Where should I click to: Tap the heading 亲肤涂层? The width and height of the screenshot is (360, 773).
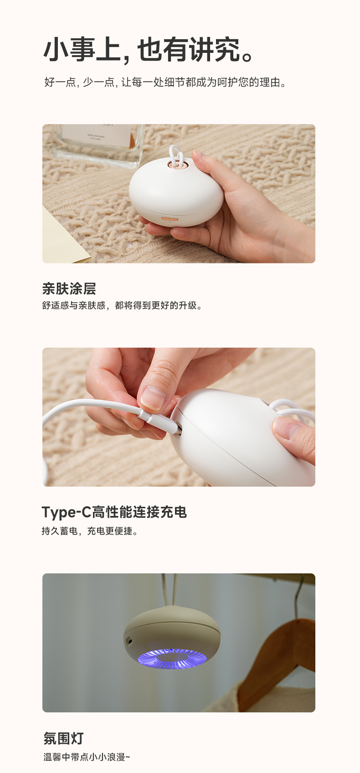click(69, 289)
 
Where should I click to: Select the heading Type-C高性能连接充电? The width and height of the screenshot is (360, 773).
click(114, 512)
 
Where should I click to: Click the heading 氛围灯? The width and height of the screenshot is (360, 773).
click(63, 738)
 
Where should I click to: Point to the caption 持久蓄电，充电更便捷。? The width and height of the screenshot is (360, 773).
click(90, 531)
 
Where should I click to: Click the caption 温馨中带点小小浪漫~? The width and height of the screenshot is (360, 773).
click(87, 757)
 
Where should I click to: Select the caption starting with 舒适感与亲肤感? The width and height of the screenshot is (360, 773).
click(122, 305)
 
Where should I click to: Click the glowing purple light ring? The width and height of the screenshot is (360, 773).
click(172, 659)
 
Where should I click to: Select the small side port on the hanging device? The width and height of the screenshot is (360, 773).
click(129, 641)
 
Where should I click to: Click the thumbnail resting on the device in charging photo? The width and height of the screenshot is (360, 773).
click(286, 428)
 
